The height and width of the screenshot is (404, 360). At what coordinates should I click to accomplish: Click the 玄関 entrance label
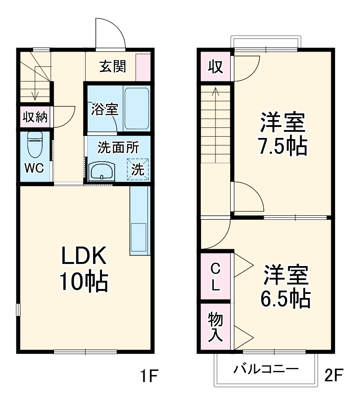(x=112, y=66)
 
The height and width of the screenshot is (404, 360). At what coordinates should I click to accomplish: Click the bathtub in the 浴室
(x=136, y=108)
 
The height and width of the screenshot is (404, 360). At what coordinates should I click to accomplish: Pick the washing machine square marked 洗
(x=138, y=169)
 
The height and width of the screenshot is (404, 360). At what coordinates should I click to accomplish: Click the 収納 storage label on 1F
(x=35, y=117)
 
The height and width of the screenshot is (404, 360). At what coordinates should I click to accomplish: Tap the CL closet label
(x=215, y=277)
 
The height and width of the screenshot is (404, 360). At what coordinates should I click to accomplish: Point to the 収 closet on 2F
(x=215, y=66)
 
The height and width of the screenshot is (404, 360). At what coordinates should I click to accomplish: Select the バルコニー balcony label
(x=266, y=369)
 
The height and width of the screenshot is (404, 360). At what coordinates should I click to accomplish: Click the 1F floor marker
(x=147, y=375)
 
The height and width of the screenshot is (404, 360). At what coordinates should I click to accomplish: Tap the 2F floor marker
(x=334, y=375)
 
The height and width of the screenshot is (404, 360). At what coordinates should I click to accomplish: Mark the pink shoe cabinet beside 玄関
(x=143, y=67)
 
